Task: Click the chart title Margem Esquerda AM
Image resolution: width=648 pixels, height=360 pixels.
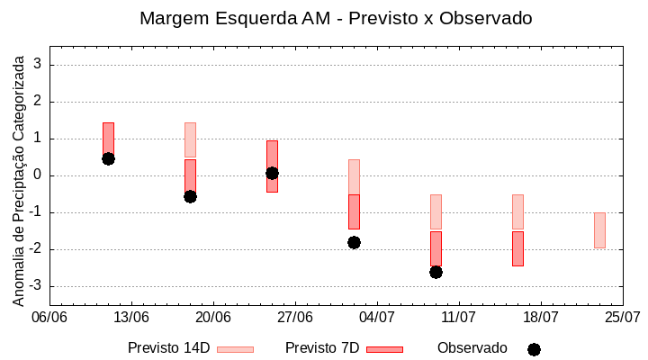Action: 336,18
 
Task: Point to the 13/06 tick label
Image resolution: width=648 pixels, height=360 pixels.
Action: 131,317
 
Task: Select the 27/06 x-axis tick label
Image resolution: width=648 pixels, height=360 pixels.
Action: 295,317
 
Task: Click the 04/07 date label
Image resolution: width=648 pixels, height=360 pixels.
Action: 377,317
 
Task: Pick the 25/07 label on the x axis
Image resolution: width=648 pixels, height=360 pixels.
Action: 623,317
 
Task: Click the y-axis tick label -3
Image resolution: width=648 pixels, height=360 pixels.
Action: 37,286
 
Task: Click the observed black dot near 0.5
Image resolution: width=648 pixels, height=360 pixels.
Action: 108,158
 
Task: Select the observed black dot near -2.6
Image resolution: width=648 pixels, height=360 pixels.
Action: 436,272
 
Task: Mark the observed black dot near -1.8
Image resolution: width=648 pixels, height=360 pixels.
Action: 354,242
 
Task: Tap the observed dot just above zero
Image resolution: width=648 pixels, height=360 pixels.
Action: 272,173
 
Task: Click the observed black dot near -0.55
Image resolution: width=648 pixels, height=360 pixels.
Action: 190,196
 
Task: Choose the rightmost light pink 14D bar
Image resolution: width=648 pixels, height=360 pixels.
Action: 599,230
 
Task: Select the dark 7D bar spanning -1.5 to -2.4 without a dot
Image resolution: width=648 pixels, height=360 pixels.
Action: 517,248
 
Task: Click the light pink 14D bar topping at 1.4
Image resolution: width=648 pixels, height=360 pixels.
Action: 190,139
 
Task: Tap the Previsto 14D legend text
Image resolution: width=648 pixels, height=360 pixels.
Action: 168,348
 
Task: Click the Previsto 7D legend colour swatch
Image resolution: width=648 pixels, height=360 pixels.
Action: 384,349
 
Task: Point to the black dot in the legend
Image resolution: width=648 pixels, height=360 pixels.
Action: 534,349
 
